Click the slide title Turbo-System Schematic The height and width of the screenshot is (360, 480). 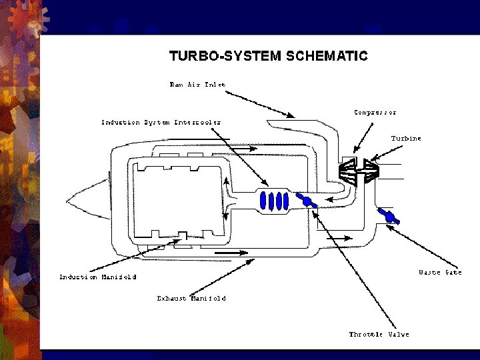click(x=269, y=56)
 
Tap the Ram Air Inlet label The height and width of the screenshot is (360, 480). click(x=197, y=85)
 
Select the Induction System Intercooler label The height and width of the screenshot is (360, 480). click(x=161, y=123)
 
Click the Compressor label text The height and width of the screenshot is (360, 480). click(x=375, y=113)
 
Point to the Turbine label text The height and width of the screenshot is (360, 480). click(x=406, y=139)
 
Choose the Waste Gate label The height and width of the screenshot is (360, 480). click(x=440, y=272)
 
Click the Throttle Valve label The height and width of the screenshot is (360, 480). click(x=379, y=334)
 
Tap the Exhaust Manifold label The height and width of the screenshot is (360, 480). click(x=191, y=298)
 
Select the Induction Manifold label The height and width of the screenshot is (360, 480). click(x=97, y=277)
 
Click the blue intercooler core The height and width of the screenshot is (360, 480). click(x=274, y=201)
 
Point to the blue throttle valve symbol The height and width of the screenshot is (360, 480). click(x=307, y=201)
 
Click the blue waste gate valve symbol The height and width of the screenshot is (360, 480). click(x=389, y=216)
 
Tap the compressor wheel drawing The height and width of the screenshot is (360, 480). click(x=348, y=172)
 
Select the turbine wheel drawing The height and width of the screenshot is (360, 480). click(x=371, y=171)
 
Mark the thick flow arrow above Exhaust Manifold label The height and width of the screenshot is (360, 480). click(x=231, y=253)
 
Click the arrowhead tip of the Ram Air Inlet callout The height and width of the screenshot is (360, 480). click(x=295, y=117)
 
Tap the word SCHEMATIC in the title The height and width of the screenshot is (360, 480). click(x=327, y=56)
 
